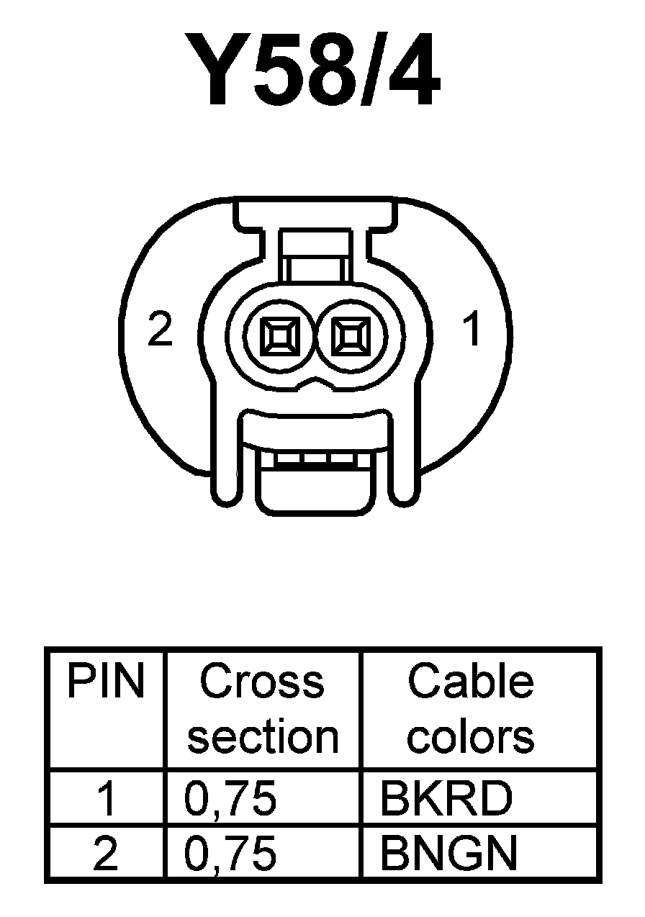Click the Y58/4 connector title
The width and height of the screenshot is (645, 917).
[x=314, y=71]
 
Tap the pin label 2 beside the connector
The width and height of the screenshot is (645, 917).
[x=160, y=330]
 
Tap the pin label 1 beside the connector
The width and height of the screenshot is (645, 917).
[x=472, y=330]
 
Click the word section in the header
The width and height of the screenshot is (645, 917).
[x=263, y=736]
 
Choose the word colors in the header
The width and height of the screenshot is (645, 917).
[x=470, y=736]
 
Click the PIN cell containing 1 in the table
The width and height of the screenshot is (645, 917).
[x=106, y=799]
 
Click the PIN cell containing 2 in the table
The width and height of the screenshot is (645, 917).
[x=106, y=854]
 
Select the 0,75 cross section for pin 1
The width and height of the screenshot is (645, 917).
[x=230, y=799]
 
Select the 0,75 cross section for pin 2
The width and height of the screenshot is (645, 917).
[x=230, y=854]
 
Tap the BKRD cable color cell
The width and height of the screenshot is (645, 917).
[x=446, y=799]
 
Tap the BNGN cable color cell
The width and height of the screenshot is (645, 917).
[x=448, y=854]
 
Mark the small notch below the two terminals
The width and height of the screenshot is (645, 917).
[x=315, y=382]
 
